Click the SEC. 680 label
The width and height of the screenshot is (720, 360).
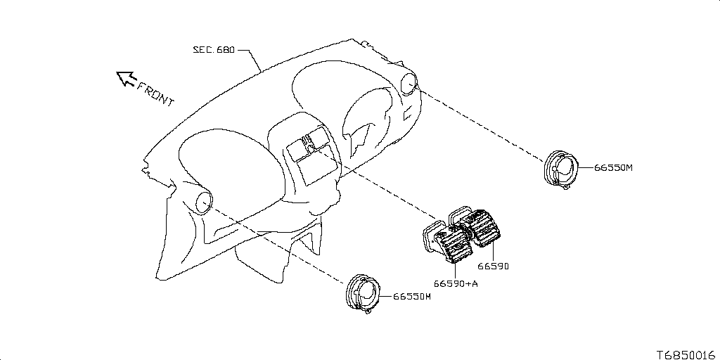click(x=214, y=51)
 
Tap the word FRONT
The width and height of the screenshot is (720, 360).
click(x=155, y=94)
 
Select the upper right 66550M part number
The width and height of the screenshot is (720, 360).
click(x=613, y=168)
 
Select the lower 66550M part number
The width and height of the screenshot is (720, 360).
click(x=411, y=297)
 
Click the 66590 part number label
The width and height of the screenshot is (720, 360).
click(x=493, y=266)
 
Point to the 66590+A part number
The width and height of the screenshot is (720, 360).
click(x=456, y=283)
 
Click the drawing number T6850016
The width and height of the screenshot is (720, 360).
click(x=686, y=354)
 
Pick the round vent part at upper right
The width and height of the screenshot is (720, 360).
click(x=560, y=169)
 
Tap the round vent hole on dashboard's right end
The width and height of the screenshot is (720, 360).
click(x=408, y=85)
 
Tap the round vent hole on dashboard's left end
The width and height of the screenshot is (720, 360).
click(x=203, y=202)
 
